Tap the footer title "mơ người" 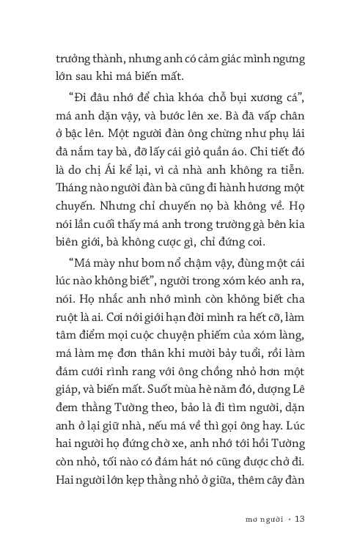click(x=256, y=519)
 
